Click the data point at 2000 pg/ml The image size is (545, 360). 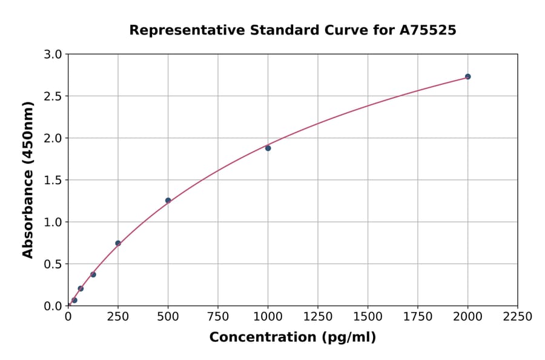(x=467, y=77)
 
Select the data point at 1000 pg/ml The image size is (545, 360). (x=268, y=148)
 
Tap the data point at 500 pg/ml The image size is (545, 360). (x=168, y=201)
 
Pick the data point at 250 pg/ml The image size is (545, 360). (x=118, y=243)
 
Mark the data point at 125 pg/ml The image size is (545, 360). (x=93, y=275)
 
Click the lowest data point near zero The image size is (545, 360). (x=74, y=300)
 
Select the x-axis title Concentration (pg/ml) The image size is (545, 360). (x=292, y=338)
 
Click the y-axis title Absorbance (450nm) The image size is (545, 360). (x=28, y=180)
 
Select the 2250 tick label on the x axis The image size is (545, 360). (x=518, y=317)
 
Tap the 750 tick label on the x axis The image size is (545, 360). (x=218, y=317)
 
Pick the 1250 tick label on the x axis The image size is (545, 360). (x=318, y=317)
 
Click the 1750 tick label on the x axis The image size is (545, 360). (x=418, y=317)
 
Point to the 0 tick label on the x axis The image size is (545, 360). (x=68, y=317)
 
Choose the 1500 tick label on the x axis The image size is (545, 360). (x=368, y=317)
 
